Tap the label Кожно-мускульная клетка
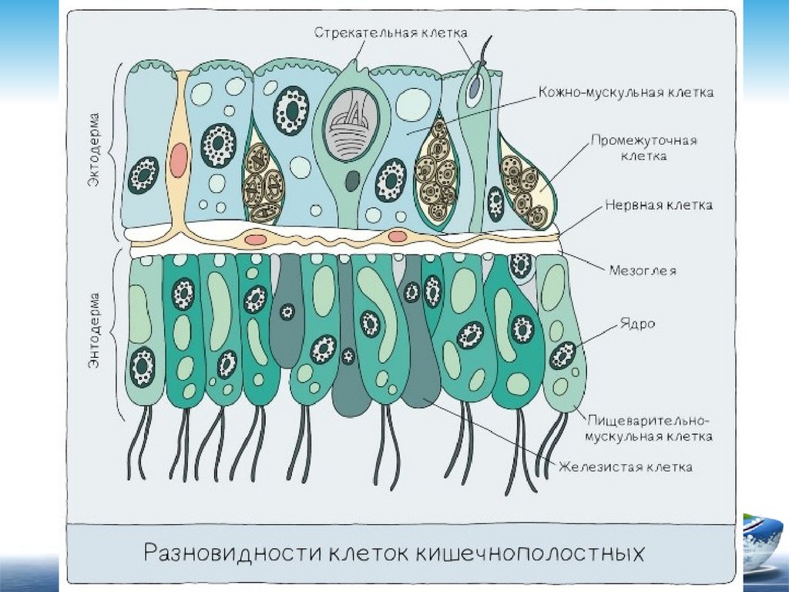[626, 92]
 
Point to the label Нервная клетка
[658, 206]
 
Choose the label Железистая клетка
[626, 466]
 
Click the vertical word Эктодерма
[93, 161]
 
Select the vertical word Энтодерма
[93, 331]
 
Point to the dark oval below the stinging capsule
[352, 181]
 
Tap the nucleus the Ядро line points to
[564, 355]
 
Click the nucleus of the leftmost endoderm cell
[143, 367]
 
